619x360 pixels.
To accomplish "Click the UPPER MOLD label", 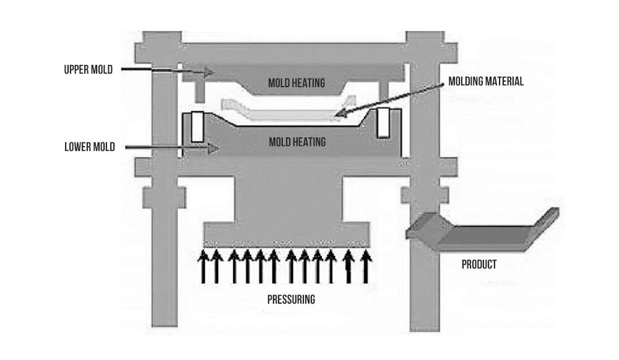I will pyautogui.click(x=88, y=69).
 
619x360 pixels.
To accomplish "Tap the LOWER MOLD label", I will pyautogui.click(x=89, y=147).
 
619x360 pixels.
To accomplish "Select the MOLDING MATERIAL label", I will pyautogui.click(x=487, y=81).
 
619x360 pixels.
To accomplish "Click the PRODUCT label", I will pyautogui.click(x=479, y=265).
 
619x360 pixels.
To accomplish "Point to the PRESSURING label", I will pyautogui.click(x=291, y=300).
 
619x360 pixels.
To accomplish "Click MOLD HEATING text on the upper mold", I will pyautogui.click(x=297, y=82).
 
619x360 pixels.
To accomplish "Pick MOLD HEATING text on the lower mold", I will pyautogui.click(x=297, y=142).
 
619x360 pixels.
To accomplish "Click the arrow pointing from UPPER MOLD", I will pyautogui.click(x=167, y=71).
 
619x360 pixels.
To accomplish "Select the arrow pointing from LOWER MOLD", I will pyautogui.click(x=170, y=148).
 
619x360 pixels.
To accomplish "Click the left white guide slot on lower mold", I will pyautogui.click(x=197, y=126).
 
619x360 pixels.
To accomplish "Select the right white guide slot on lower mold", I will pyautogui.click(x=383, y=123).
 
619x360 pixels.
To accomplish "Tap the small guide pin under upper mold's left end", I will pyautogui.click(x=200, y=91).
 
